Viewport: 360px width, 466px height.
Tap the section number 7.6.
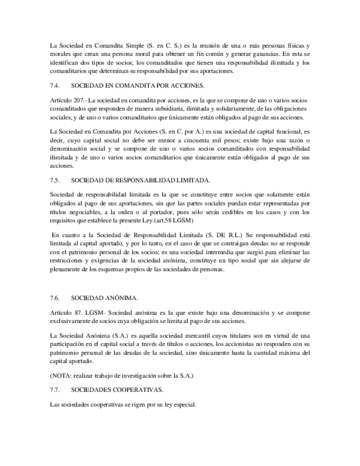(54, 297)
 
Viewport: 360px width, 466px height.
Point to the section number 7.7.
(54, 390)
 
